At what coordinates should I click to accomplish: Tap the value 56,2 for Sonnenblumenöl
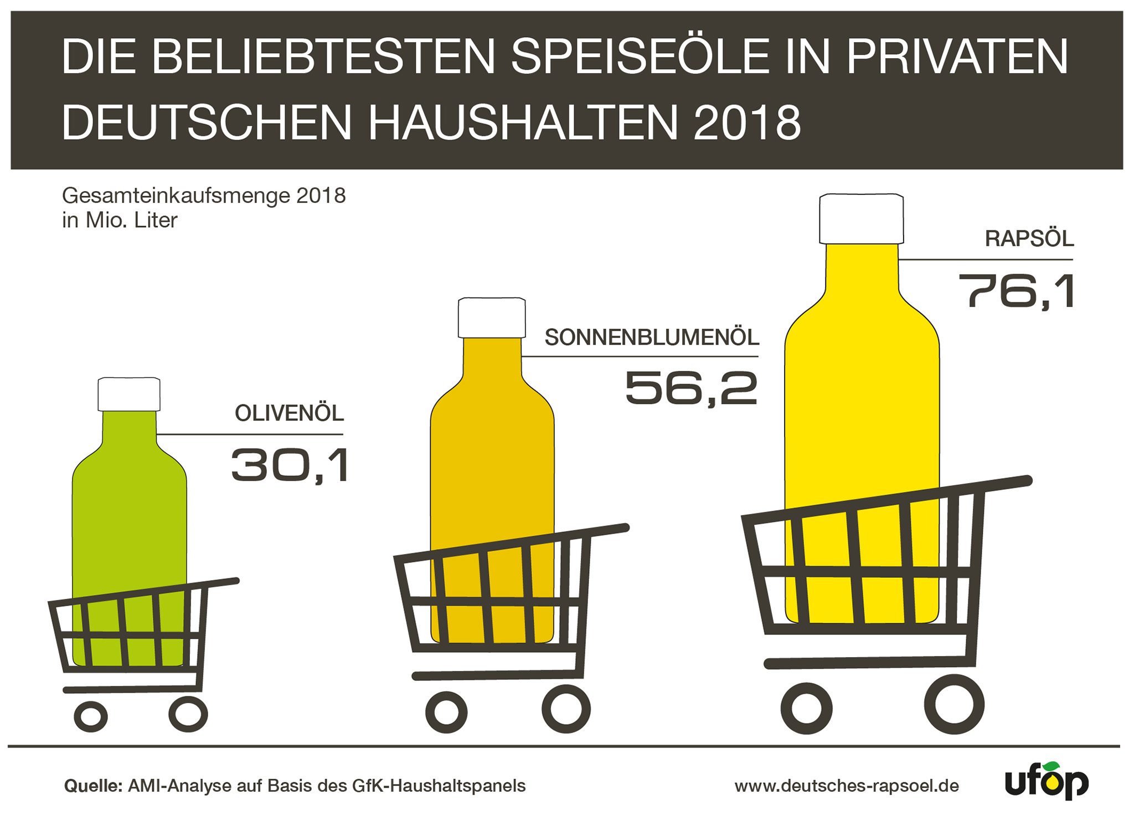(x=691, y=388)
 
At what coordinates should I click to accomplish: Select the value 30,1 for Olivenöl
(x=291, y=465)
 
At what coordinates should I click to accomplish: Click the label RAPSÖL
(x=1029, y=239)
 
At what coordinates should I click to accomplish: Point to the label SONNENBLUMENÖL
(x=652, y=337)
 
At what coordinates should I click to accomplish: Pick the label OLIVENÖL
(x=289, y=413)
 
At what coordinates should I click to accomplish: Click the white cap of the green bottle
(x=129, y=394)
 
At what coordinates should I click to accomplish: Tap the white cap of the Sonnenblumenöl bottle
(x=492, y=317)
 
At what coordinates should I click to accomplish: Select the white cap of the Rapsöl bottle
(x=861, y=218)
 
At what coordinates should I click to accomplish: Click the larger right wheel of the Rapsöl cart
(x=953, y=704)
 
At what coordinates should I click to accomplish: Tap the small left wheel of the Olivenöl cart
(x=91, y=716)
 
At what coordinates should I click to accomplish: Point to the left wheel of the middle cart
(x=446, y=712)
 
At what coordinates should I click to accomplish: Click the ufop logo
(x=1046, y=782)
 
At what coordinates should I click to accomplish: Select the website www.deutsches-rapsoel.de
(x=847, y=786)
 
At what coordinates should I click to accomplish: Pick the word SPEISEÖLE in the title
(x=640, y=57)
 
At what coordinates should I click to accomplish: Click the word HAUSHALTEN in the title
(x=523, y=122)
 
